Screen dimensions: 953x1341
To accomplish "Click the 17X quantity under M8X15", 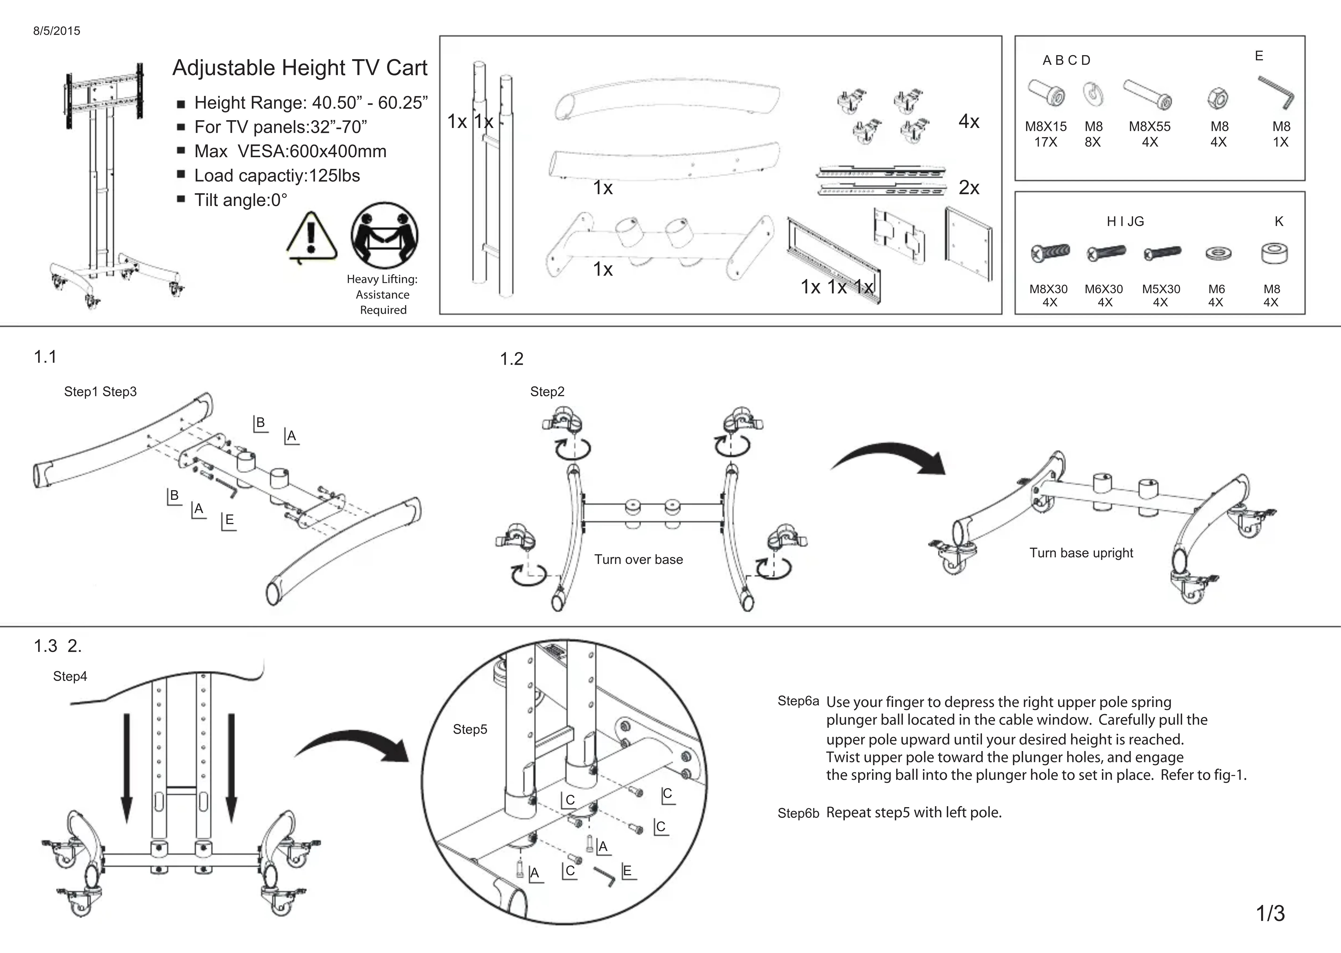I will [x=1046, y=142].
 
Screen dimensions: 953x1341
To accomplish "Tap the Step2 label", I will [x=547, y=391].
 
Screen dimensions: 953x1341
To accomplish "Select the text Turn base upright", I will [x=1081, y=553].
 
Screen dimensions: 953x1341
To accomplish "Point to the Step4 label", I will [x=70, y=676].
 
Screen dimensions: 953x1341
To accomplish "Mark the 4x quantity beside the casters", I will [x=969, y=121].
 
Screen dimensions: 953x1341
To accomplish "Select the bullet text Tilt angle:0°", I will [x=241, y=200].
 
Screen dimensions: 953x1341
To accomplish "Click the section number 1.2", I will [x=511, y=358].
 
